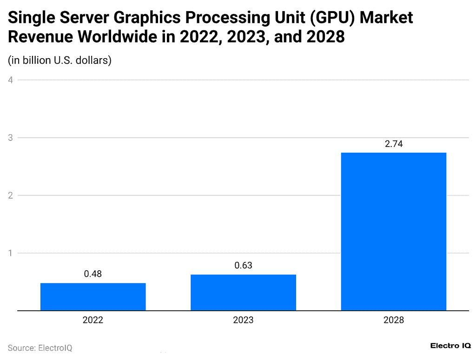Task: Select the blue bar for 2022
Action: [x=93, y=296]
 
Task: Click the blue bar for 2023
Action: [x=243, y=292]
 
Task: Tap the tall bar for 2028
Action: [x=393, y=231]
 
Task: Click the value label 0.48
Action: [x=93, y=274]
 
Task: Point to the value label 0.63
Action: [x=243, y=266]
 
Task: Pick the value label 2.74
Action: [x=393, y=144]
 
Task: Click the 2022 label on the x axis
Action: [x=93, y=320]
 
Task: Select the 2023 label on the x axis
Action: [x=243, y=320]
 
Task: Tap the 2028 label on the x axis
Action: [x=393, y=320]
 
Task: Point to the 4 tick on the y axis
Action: [x=10, y=80]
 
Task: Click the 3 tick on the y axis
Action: [x=10, y=138]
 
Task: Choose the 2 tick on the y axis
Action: [x=10, y=195]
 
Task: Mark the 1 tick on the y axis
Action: [x=10, y=253]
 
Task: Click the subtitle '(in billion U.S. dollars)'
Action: [x=59, y=60]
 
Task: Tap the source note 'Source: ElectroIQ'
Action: [x=40, y=348]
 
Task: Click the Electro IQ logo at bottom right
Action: [x=450, y=346]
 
